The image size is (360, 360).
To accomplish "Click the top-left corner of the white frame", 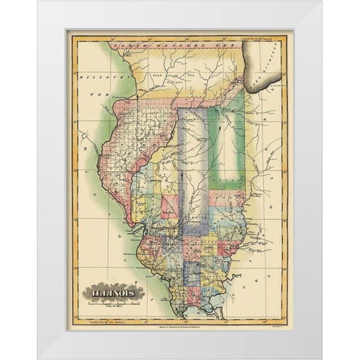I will pos(38,1).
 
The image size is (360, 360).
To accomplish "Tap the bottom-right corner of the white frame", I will pos(321,358).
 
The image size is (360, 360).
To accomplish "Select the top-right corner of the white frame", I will pos(321,1).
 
